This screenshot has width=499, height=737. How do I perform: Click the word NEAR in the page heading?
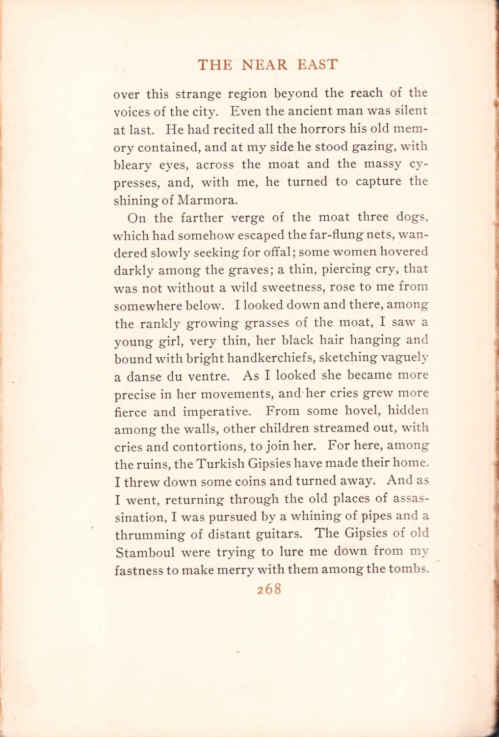(x=264, y=64)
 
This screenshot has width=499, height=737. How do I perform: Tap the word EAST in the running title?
(x=317, y=64)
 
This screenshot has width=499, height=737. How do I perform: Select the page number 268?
(x=269, y=589)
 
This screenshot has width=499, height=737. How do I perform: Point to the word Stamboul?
(x=145, y=552)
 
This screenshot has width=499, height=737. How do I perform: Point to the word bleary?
(x=131, y=165)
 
